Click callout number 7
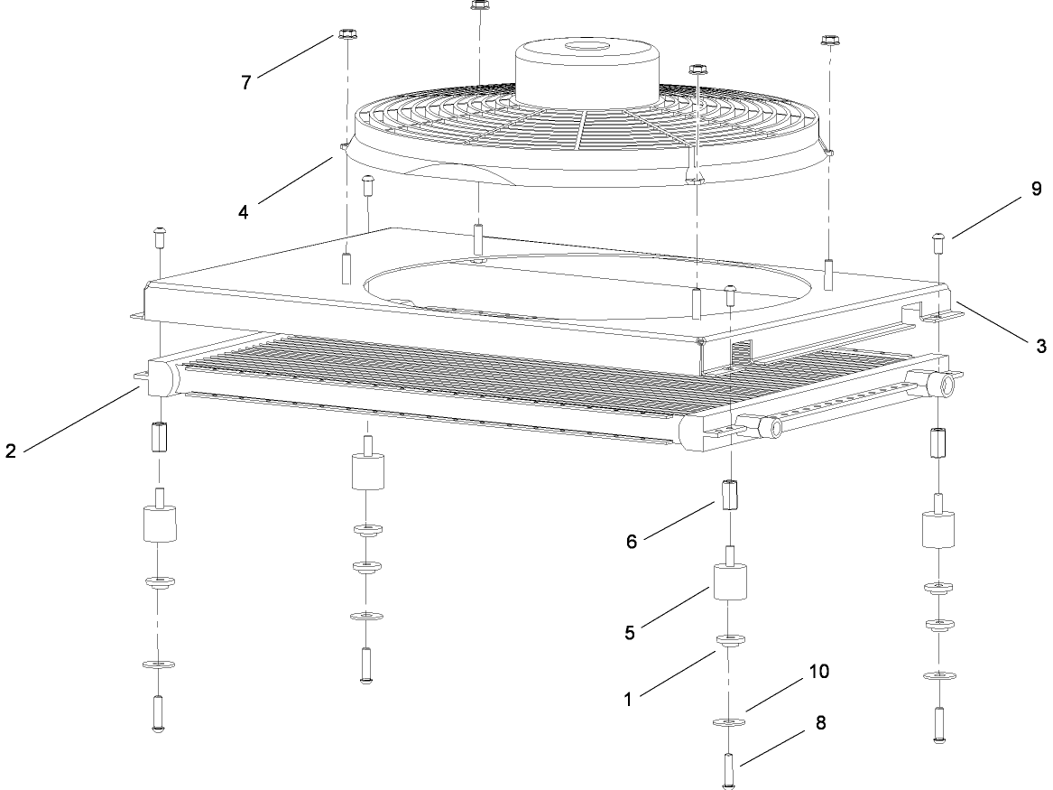[245, 83]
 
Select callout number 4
[243, 212]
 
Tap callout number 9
[1036, 189]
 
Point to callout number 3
[1041, 346]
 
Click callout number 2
[10, 451]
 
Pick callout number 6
[632, 542]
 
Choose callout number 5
[629, 633]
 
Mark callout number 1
[628, 700]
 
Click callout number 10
[819, 671]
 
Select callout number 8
[820, 723]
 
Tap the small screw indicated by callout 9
[938, 243]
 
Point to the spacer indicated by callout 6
[730, 495]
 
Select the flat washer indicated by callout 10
[729, 722]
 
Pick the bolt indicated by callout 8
[729, 770]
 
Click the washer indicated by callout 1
[730, 640]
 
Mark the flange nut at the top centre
[479, 5]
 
